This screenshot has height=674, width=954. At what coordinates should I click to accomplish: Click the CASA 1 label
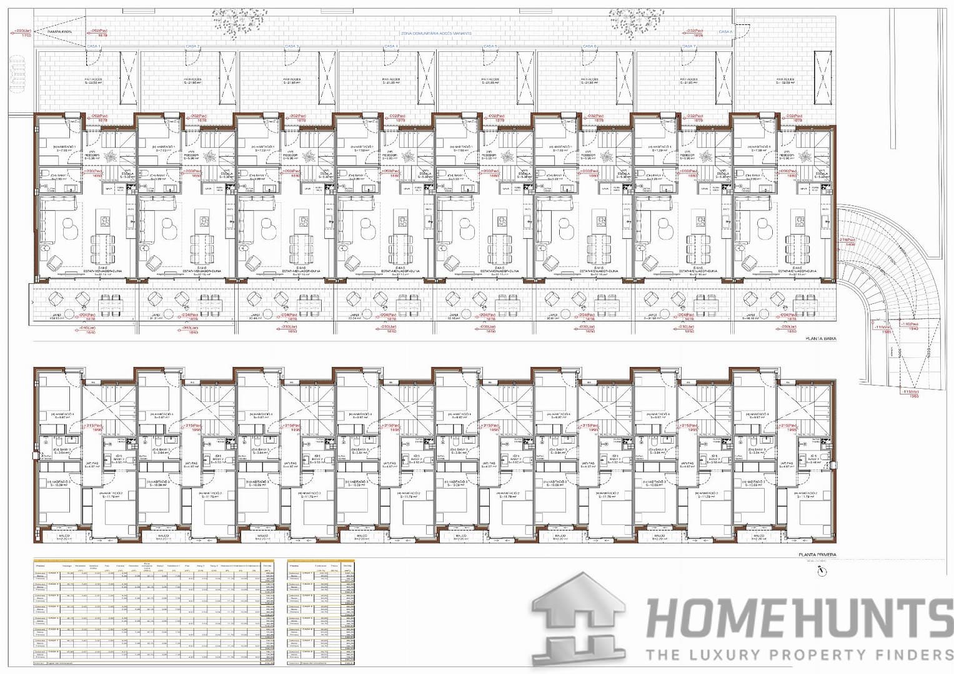click(x=93, y=47)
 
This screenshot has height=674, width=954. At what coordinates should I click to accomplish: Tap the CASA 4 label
click(x=390, y=47)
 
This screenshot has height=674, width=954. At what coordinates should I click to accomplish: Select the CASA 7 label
click(x=688, y=47)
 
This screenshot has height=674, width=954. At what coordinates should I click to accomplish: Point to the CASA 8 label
click(x=725, y=32)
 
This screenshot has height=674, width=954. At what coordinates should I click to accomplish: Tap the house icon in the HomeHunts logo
click(x=578, y=618)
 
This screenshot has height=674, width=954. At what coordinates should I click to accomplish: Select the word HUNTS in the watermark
click(x=868, y=618)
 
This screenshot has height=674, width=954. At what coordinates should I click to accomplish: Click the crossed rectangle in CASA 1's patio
click(x=128, y=77)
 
